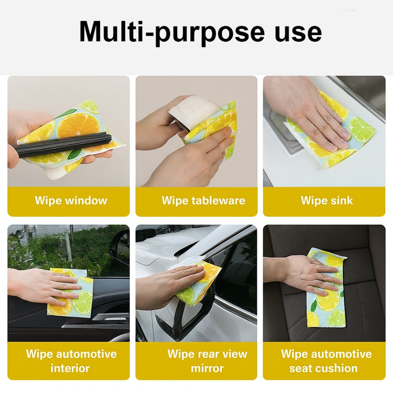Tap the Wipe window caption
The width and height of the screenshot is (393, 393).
pos(71,201)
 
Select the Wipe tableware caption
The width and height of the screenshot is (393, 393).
pos(203,201)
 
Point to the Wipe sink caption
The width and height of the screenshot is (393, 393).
pos(327,201)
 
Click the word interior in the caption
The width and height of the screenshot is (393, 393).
pos(70,368)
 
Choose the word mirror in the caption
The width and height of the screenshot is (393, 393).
pos(207,368)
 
